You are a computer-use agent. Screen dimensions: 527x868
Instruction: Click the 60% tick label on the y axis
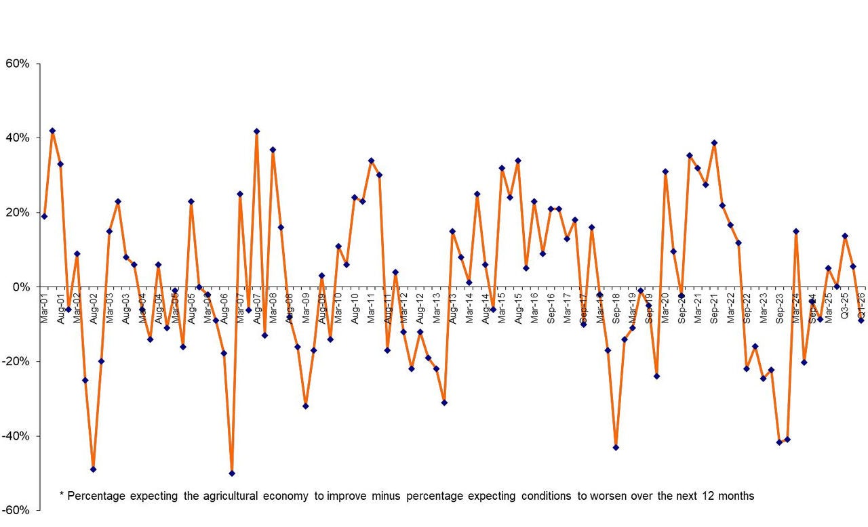click(18, 64)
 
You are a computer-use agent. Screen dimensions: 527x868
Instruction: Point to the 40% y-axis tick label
click(18, 138)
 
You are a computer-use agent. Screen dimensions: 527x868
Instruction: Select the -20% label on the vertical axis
click(16, 361)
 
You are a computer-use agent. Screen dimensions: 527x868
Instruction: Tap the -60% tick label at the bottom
click(16, 509)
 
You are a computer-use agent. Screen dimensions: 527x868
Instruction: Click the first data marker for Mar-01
click(44, 217)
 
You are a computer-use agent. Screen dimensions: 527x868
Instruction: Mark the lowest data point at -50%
click(232, 473)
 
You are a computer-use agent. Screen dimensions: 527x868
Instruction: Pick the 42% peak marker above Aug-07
click(256, 131)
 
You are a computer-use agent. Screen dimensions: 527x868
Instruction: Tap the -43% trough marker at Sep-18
click(616, 447)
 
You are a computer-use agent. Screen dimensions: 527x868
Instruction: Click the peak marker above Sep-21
click(714, 143)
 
